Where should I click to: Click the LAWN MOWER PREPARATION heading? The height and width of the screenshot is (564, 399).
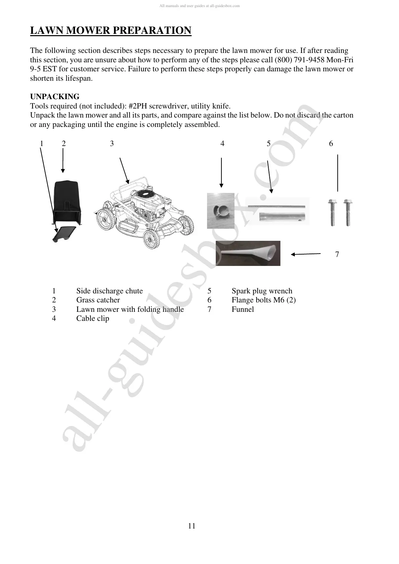pos(111,30)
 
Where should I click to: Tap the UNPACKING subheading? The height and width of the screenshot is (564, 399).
pos(55,97)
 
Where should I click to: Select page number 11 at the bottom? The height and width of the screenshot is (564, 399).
pos(192,526)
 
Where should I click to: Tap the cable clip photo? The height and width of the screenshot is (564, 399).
pos(220,211)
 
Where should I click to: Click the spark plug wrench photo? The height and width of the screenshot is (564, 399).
pos(277,211)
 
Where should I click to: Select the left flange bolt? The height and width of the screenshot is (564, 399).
pos(332,212)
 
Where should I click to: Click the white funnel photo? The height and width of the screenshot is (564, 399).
pos(248,253)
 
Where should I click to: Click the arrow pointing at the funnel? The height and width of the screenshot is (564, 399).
pos(306,254)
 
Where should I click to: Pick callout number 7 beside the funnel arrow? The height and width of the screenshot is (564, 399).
pos(337,255)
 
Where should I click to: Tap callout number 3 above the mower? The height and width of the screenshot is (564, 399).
pos(112,144)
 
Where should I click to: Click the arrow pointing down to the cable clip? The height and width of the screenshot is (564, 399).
pos(221,172)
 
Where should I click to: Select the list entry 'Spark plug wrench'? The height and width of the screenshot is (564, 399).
pos(262,291)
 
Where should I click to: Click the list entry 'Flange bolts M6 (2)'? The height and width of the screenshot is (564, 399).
pos(263,300)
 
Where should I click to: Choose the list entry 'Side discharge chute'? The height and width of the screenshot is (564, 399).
pos(109,291)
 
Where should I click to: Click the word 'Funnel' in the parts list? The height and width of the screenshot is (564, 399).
pos(243,309)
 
